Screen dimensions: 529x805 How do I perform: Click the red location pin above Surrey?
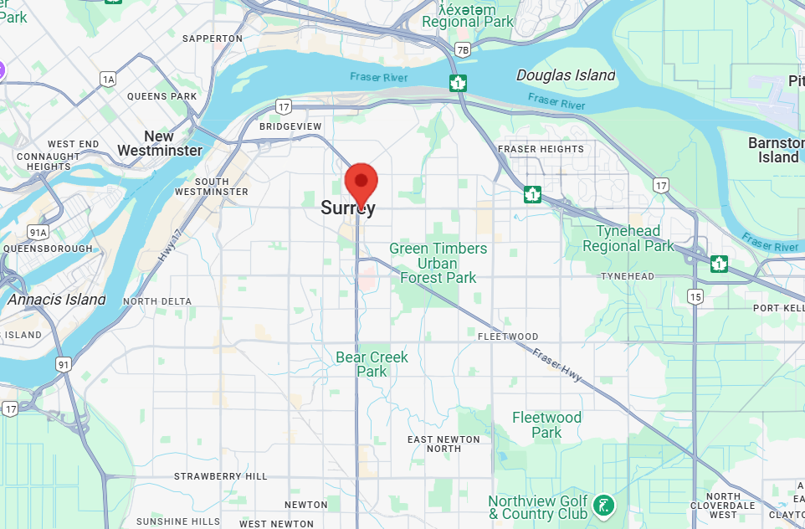(361, 182)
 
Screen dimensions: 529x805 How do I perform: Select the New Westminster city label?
(160, 143)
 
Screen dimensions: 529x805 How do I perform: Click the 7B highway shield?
(463, 49)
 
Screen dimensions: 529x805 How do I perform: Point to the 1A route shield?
(108, 80)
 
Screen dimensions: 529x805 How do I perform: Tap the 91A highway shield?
(38, 232)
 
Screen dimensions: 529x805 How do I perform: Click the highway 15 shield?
(695, 296)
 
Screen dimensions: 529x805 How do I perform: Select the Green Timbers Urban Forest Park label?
(438, 263)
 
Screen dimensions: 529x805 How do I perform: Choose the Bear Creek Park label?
(372, 364)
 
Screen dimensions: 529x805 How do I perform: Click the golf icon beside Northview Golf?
(602, 505)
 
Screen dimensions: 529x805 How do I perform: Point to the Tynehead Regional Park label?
(628, 239)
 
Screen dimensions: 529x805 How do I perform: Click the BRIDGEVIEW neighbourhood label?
(290, 126)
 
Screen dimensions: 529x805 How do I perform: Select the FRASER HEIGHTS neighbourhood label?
(541, 149)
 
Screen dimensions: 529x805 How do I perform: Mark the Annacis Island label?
(57, 299)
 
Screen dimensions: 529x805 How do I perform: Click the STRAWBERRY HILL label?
(220, 476)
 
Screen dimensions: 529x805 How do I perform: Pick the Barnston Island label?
(776, 150)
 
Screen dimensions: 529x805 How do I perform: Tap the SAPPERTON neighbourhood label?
(212, 39)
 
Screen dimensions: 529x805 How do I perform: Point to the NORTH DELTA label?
(157, 301)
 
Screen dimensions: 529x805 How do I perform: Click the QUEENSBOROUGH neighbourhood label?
(48, 249)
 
